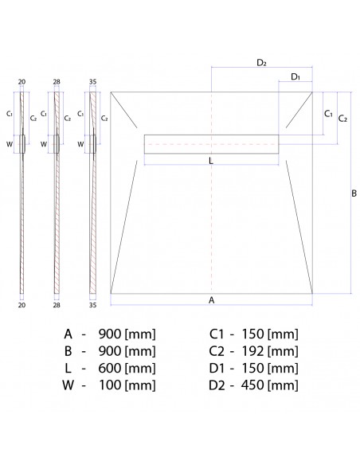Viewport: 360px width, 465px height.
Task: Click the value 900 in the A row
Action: click(109, 334)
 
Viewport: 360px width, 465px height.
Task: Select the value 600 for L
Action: click(109, 369)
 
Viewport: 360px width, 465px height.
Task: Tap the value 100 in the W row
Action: click(109, 386)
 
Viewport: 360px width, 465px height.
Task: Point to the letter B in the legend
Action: click(68, 351)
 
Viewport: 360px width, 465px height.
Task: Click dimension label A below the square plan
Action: click(211, 300)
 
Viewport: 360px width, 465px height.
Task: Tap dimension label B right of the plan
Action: click(354, 192)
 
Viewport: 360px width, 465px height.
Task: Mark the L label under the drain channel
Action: click(210, 162)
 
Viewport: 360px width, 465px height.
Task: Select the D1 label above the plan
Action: click(295, 76)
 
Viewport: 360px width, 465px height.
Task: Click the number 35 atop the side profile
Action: click(94, 81)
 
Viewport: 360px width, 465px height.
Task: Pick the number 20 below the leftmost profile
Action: click(23, 303)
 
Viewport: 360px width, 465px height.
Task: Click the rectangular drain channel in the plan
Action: click(212, 143)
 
